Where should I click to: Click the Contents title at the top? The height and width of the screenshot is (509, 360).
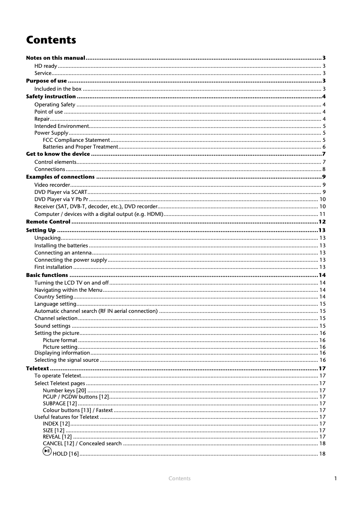51,40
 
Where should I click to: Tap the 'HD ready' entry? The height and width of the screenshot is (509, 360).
45,66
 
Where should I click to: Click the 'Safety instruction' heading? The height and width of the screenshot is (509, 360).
51,97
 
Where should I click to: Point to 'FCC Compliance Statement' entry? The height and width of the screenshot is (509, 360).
76,140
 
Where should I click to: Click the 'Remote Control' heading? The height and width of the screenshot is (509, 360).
48,222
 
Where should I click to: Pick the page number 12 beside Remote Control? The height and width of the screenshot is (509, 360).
321,222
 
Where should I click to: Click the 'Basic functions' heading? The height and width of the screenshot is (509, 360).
47,275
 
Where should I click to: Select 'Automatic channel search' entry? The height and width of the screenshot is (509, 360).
96,311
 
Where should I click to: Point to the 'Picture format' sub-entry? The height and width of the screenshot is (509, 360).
60,340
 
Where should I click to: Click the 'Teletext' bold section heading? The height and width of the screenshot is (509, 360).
38,369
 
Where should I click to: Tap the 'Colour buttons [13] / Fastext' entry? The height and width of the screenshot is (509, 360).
78,410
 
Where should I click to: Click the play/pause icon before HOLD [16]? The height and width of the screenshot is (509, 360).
47,453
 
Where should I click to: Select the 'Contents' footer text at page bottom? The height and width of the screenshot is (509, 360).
180,478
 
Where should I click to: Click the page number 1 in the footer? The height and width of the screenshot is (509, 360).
335,478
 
